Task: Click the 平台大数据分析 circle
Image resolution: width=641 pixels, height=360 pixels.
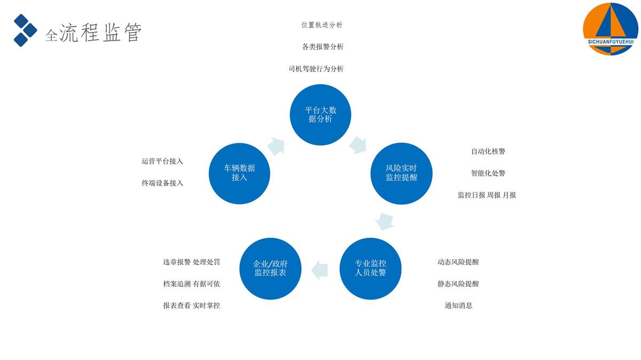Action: [320, 114]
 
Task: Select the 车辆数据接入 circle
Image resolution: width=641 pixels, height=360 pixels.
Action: [239, 173]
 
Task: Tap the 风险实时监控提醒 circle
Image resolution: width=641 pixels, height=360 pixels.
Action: [401, 173]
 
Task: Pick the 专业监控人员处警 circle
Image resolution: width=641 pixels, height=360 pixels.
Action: [371, 268]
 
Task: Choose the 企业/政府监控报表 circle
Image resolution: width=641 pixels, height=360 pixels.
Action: [270, 268]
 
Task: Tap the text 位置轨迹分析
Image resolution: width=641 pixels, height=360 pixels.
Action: [322, 25]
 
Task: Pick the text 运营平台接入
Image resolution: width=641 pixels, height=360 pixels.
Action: [162, 161]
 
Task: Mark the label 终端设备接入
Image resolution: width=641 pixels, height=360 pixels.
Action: [162, 183]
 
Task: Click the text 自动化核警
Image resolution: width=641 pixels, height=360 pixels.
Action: [488, 151]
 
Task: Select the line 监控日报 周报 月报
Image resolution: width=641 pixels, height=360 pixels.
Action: [487, 195]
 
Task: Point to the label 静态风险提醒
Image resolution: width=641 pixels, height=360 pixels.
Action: [458, 284]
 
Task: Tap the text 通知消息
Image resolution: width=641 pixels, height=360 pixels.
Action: [458, 306]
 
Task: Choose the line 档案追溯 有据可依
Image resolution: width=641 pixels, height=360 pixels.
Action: [191, 284]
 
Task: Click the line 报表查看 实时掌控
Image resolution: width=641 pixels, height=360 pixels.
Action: [191, 306]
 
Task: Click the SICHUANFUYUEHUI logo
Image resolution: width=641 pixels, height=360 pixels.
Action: [610, 28]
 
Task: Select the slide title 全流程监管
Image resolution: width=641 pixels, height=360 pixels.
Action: [93, 33]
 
